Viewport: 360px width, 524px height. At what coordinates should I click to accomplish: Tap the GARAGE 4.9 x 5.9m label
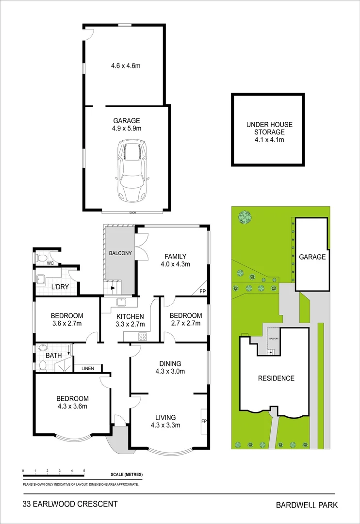tap(127, 125)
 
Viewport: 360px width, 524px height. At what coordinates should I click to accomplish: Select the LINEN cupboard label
tap(88, 368)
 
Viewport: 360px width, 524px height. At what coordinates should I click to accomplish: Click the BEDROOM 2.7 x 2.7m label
tap(185, 320)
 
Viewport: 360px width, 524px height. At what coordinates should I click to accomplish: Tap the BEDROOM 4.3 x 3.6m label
tap(71, 403)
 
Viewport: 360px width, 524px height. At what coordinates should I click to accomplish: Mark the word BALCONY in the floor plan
tap(118, 252)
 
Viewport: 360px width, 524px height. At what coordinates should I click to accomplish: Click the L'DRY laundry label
tap(60, 287)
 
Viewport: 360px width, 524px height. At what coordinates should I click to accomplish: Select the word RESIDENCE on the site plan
tap(276, 378)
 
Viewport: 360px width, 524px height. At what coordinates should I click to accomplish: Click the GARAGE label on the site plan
tap(312, 257)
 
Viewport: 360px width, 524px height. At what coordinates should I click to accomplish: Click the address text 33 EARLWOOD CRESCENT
tap(70, 504)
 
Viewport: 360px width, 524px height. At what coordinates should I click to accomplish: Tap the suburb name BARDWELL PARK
tap(307, 505)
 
